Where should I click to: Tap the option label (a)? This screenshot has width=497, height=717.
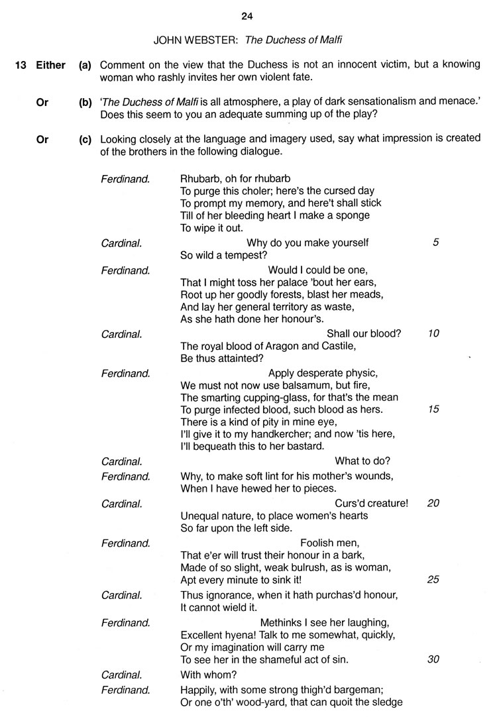coord(85,65)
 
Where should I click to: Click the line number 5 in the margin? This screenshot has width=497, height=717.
coord(435,243)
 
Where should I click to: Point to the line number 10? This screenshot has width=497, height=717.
coord(434,333)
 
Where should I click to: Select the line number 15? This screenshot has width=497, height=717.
coord(434,410)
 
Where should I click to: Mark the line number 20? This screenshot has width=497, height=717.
coord(434,503)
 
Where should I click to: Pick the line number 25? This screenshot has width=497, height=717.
coord(434,579)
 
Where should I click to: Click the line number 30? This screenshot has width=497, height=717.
coord(434,659)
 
